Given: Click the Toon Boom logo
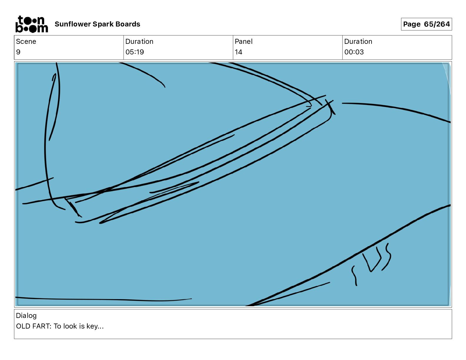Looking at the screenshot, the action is click(x=31, y=24).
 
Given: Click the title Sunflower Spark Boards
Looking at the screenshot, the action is click(x=97, y=24).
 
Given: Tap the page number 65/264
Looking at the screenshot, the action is click(x=437, y=24).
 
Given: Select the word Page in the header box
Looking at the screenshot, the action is click(x=412, y=24).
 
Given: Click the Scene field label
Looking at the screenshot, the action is click(x=26, y=41).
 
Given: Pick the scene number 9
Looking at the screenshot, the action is click(x=18, y=52).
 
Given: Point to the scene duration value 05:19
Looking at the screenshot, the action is click(x=134, y=52).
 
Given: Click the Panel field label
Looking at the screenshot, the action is click(x=243, y=41).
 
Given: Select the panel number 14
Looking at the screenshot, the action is click(x=238, y=52).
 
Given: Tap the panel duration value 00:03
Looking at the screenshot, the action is click(x=354, y=52).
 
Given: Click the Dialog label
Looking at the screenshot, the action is click(x=26, y=316).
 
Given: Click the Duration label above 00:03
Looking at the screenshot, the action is click(x=358, y=41).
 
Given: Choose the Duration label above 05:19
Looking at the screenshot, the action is click(x=139, y=41).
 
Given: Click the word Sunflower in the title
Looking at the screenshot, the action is click(x=73, y=24).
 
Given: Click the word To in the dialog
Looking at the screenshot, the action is click(x=57, y=326).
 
